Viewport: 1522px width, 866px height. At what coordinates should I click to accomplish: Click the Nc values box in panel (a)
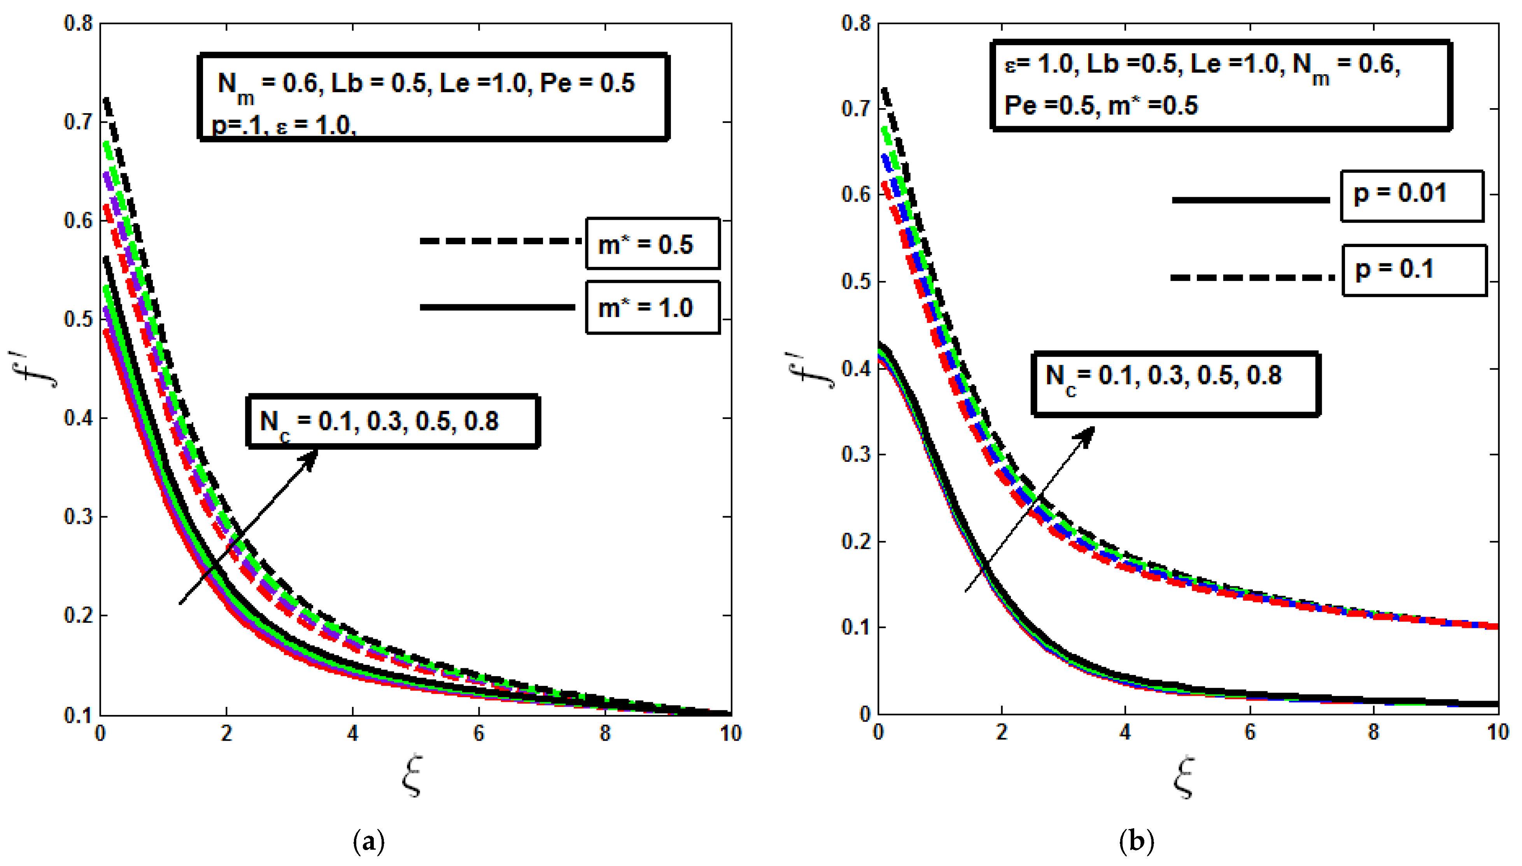point(392,421)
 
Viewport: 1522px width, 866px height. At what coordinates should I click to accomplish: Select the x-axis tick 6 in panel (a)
point(478,734)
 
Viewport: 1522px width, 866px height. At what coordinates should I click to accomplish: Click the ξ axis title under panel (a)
point(412,776)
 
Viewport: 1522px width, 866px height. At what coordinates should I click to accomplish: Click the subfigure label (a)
point(369,841)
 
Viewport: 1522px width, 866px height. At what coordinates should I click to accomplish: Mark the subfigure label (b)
point(1136,841)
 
